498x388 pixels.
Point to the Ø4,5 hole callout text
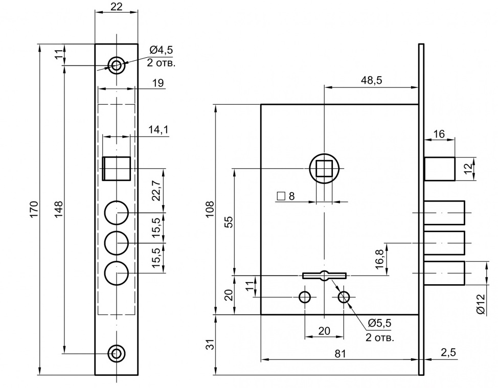click(x=162, y=50)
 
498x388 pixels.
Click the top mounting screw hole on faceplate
click(x=117, y=65)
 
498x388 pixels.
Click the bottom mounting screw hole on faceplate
click(x=117, y=352)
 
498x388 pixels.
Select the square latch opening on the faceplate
click(x=117, y=168)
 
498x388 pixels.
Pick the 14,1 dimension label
click(x=159, y=130)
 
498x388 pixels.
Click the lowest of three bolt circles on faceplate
click(x=117, y=273)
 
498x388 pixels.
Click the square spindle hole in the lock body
click(x=324, y=168)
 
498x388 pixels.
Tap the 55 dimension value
click(x=229, y=221)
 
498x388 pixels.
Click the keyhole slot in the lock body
click(x=324, y=276)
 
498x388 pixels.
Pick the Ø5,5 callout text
click(x=380, y=323)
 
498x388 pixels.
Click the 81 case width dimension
click(x=339, y=353)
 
